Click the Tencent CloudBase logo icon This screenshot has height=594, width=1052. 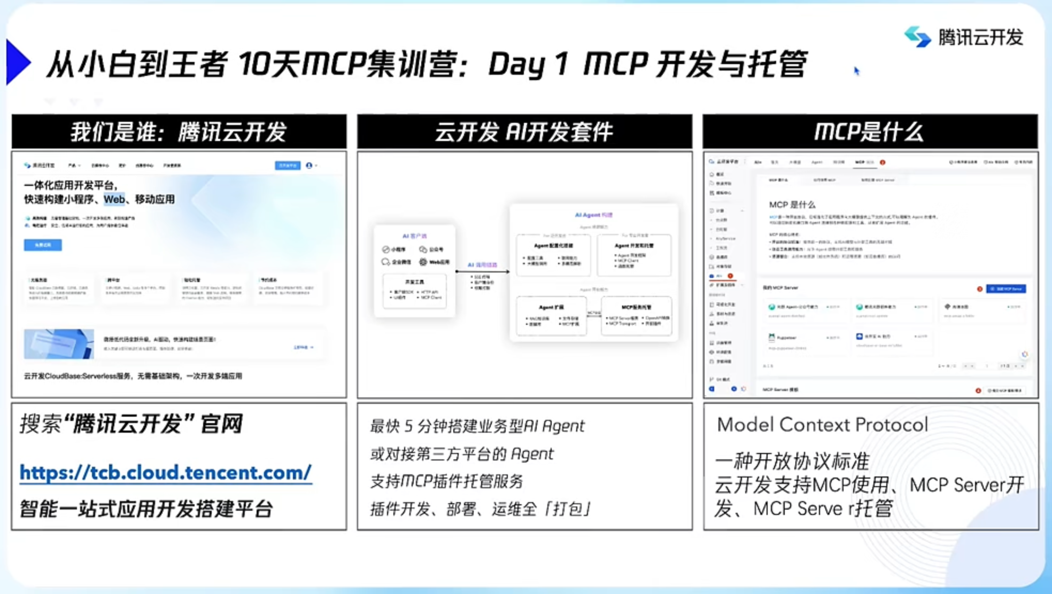point(917,37)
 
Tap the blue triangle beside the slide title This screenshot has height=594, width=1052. point(18,62)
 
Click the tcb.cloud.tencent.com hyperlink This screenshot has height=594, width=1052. point(166,473)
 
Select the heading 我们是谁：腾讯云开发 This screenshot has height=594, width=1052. point(179,132)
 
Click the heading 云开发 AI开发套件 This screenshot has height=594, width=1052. point(524,132)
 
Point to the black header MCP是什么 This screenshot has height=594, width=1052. point(870,132)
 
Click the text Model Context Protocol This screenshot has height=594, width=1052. point(822,425)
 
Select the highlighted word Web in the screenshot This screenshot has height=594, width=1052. point(114,199)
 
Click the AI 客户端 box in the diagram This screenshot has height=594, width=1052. point(415,270)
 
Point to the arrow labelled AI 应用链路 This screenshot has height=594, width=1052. point(482,271)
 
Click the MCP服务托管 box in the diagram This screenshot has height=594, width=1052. point(636,316)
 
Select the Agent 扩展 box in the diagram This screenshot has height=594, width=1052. point(551,316)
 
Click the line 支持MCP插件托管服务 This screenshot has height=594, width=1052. point(446,481)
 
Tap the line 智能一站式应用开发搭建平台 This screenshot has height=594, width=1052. point(146,509)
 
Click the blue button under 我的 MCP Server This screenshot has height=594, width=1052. point(1005,289)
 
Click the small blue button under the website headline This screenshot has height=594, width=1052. point(43,245)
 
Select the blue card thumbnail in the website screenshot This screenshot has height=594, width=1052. point(59,343)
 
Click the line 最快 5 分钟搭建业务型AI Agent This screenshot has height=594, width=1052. point(477,426)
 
